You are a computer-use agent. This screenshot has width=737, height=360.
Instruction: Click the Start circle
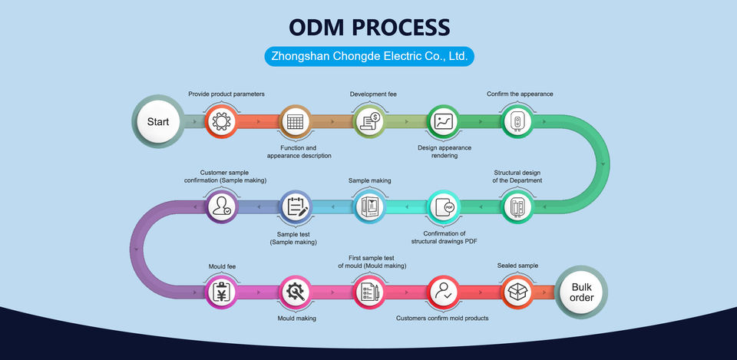tap(158, 121)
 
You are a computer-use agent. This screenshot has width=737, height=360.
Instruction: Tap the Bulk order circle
tap(582, 292)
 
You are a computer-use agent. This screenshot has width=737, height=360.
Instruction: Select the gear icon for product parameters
tap(221, 121)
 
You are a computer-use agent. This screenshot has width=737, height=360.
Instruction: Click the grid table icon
tap(295, 121)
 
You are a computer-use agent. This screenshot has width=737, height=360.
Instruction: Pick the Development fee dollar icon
tap(368, 121)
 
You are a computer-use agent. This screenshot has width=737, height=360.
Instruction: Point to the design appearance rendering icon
tap(443, 121)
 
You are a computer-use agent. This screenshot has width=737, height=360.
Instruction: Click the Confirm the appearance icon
tap(517, 121)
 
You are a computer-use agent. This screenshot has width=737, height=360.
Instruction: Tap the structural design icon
tap(517, 206)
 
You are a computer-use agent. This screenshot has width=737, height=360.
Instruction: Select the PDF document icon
tap(443, 206)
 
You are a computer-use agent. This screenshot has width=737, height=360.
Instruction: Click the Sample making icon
tap(368, 206)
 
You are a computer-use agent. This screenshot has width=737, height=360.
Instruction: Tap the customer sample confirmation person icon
tap(221, 206)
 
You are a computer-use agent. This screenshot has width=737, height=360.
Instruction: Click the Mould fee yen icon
tap(221, 292)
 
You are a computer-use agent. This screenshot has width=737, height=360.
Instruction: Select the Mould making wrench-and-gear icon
tap(295, 292)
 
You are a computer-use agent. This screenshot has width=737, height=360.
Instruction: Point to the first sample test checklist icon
tap(368, 292)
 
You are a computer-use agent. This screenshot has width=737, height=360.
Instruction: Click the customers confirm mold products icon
tap(443, 292)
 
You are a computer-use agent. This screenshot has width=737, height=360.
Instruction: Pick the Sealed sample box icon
tap(517, 292)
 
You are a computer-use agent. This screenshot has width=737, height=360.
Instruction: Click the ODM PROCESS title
tap(368, 27)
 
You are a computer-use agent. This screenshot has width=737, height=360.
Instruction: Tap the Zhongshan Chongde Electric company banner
tap(368, 56)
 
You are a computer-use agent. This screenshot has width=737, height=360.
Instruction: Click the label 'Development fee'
tap(373, 94)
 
